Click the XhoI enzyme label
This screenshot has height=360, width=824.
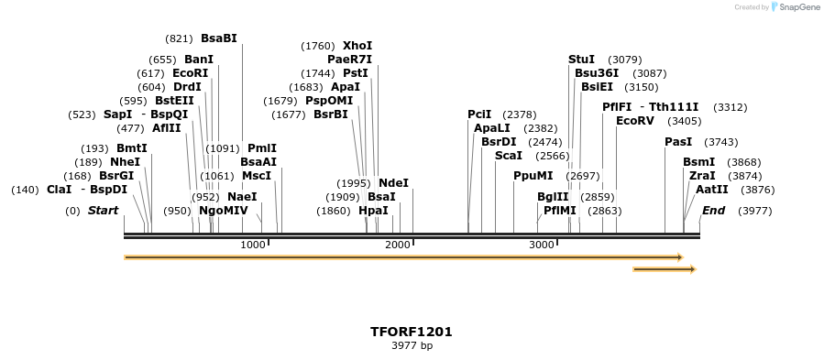[x=357, y=45]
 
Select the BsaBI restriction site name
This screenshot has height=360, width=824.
[x=219, y=38]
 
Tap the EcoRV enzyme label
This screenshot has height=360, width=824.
[x=635, y=121]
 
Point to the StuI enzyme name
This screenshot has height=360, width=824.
[x=581, y=60]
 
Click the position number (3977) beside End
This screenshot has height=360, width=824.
[x=755, y=211]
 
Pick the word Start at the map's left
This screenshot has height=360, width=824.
[x=103, y=211]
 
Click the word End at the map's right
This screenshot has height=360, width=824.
[x=714, y=211]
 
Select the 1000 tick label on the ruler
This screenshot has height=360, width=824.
[x=252, y=245]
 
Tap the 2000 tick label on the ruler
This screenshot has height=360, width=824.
[x=397, y=245]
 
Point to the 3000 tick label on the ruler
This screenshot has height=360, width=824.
[x=542, y=245]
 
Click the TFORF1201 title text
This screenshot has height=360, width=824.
[x=412, y=332]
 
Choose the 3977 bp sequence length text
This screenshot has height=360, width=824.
[x=412, y=346]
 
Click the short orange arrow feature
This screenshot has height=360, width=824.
[x=664, y=269]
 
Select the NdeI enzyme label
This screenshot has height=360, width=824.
[x=393, y=183]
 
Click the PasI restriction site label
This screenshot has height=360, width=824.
[x=678, y=142]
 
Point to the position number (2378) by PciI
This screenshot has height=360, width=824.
[x=519, y=115]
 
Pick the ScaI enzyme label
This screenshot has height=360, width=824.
[x=508, y=156]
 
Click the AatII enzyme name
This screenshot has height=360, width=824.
[x=711, y=190]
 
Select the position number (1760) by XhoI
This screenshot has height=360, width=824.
[x=318, y=46]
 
